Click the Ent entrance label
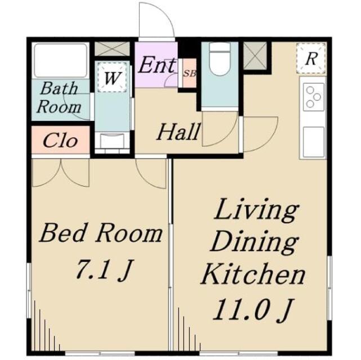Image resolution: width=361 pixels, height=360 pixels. point(157,65)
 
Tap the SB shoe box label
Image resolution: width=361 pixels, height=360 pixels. point(190,74)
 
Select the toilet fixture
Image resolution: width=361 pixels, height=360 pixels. point(220,60)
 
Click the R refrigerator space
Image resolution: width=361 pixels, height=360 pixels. point(311,58)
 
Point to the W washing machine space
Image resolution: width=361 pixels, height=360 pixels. point(112,77)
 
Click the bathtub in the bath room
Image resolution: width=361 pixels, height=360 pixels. point(61,60)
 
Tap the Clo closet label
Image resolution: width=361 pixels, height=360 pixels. point(60,141)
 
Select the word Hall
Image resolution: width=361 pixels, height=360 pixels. point(178,132)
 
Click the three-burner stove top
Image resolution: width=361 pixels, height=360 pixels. point(313,97)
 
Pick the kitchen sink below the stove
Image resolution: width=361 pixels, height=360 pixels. point(313,142)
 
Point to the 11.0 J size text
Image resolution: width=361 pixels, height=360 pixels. point(254,310)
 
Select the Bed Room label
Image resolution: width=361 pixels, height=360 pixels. point(101,234)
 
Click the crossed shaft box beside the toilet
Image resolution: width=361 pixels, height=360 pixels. point(255,56)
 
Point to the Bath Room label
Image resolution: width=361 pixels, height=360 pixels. point(59,97)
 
